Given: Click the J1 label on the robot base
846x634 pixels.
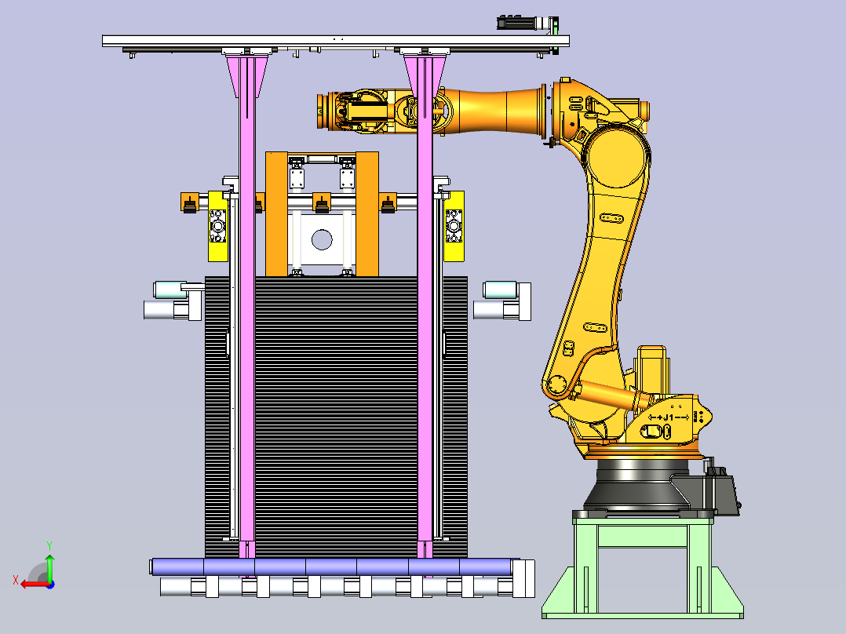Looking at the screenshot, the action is click(669, 417).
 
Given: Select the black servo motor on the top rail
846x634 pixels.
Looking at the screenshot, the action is click(526, 23).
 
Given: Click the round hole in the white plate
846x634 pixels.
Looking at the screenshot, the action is click(322, 239).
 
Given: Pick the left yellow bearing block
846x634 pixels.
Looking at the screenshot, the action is click(218, 226).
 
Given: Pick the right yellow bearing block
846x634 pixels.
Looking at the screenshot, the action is click(454, 226).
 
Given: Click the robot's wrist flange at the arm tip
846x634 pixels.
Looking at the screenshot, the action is click(323, 111).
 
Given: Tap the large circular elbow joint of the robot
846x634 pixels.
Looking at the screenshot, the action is click(617, 158).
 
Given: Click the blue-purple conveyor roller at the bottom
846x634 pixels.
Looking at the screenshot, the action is click(332, 567).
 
